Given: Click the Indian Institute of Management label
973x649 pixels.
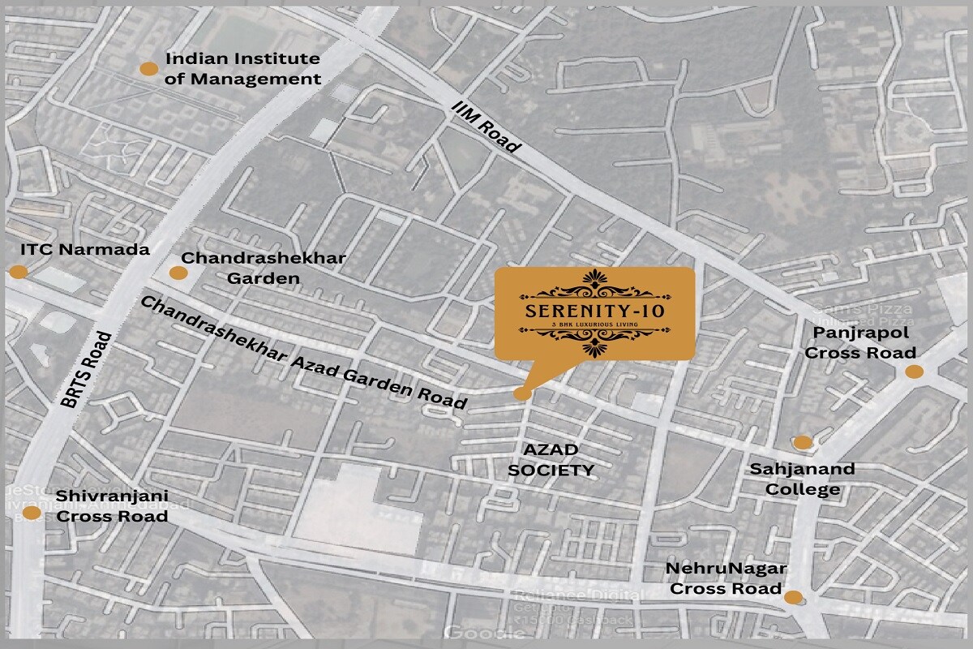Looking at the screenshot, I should [x=242, y=69].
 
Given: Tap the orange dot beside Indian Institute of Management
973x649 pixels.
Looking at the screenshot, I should [x=148, y=69].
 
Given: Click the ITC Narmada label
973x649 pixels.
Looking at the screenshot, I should [x=84, y=249].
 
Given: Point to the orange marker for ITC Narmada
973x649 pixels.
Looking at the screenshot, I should [x=18, y=272].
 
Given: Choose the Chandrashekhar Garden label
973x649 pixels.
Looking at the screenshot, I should [x=264, y=268].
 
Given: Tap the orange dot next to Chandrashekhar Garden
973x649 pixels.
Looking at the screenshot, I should [x=178, y=273].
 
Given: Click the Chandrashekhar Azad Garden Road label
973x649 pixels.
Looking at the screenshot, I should [x=304, y=353].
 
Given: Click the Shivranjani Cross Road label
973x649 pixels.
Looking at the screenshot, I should [x=112, y=505].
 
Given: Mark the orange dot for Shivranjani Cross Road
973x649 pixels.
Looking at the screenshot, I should [x=31, y=513].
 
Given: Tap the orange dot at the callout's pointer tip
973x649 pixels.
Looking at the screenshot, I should [x=523, y=393].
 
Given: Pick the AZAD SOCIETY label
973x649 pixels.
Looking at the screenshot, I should [x=551, y=460].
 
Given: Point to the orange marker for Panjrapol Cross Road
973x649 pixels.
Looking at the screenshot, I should [x=914, y=372].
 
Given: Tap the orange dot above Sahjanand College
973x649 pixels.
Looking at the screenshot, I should [x=802, y=442].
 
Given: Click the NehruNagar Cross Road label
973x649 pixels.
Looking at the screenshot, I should [x=724, y=578].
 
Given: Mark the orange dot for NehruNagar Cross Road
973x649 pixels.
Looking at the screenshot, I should [x=794, y=598].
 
